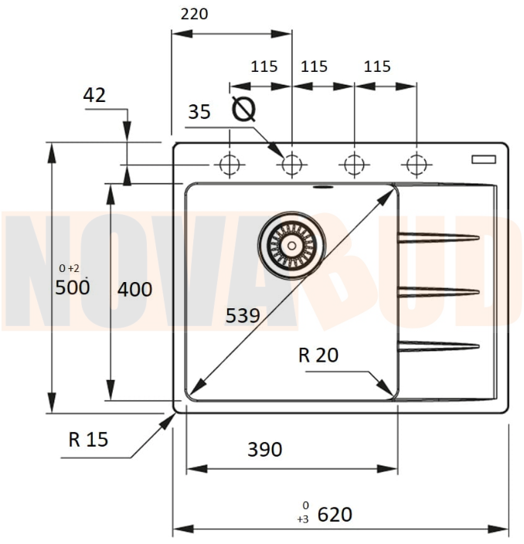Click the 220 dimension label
(194, 14)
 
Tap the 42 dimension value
(94, 95)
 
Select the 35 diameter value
(199, 112)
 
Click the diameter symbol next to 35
(243, 108)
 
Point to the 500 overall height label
(73, 287)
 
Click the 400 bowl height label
(134, 289)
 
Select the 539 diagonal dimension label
(243, 316)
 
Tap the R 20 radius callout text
(318, 355)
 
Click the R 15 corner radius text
(88, 439)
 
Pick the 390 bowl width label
(265, 449)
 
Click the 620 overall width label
(335, 514)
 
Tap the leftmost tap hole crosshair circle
(230, 164)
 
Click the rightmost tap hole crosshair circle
(417, 164)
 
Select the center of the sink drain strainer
(291, 245)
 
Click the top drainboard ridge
(438, 238)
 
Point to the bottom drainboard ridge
(438, 346)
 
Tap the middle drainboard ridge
(438, 292)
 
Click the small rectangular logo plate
(483, 159)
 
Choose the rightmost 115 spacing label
(377, 66)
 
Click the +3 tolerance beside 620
(303, 519)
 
